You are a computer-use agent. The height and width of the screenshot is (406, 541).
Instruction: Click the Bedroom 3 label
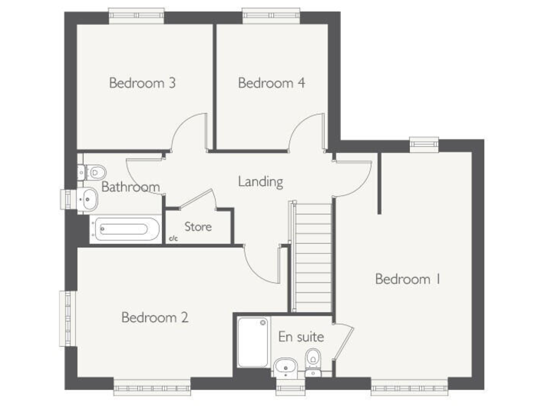coord(142,83)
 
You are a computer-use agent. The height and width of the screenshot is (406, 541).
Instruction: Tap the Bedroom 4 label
coord(271,83)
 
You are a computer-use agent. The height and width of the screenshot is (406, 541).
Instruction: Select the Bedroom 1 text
coord(408,279)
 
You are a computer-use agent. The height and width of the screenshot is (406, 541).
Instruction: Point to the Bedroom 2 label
coord(155,317)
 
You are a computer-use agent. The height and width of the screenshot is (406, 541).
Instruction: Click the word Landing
coord(260,182)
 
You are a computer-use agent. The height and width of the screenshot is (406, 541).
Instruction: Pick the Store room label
coord(198,227)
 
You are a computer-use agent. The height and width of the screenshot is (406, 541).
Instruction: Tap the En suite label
coord(301,337)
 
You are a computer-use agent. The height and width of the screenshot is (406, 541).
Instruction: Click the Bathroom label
coord(130,187)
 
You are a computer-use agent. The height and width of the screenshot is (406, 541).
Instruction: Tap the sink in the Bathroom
coord(87,199)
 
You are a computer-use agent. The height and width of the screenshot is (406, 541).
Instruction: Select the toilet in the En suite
coord(313,363)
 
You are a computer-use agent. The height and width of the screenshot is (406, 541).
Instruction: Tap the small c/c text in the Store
coord(173,239)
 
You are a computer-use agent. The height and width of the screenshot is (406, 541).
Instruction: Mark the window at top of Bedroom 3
coord(136,13)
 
